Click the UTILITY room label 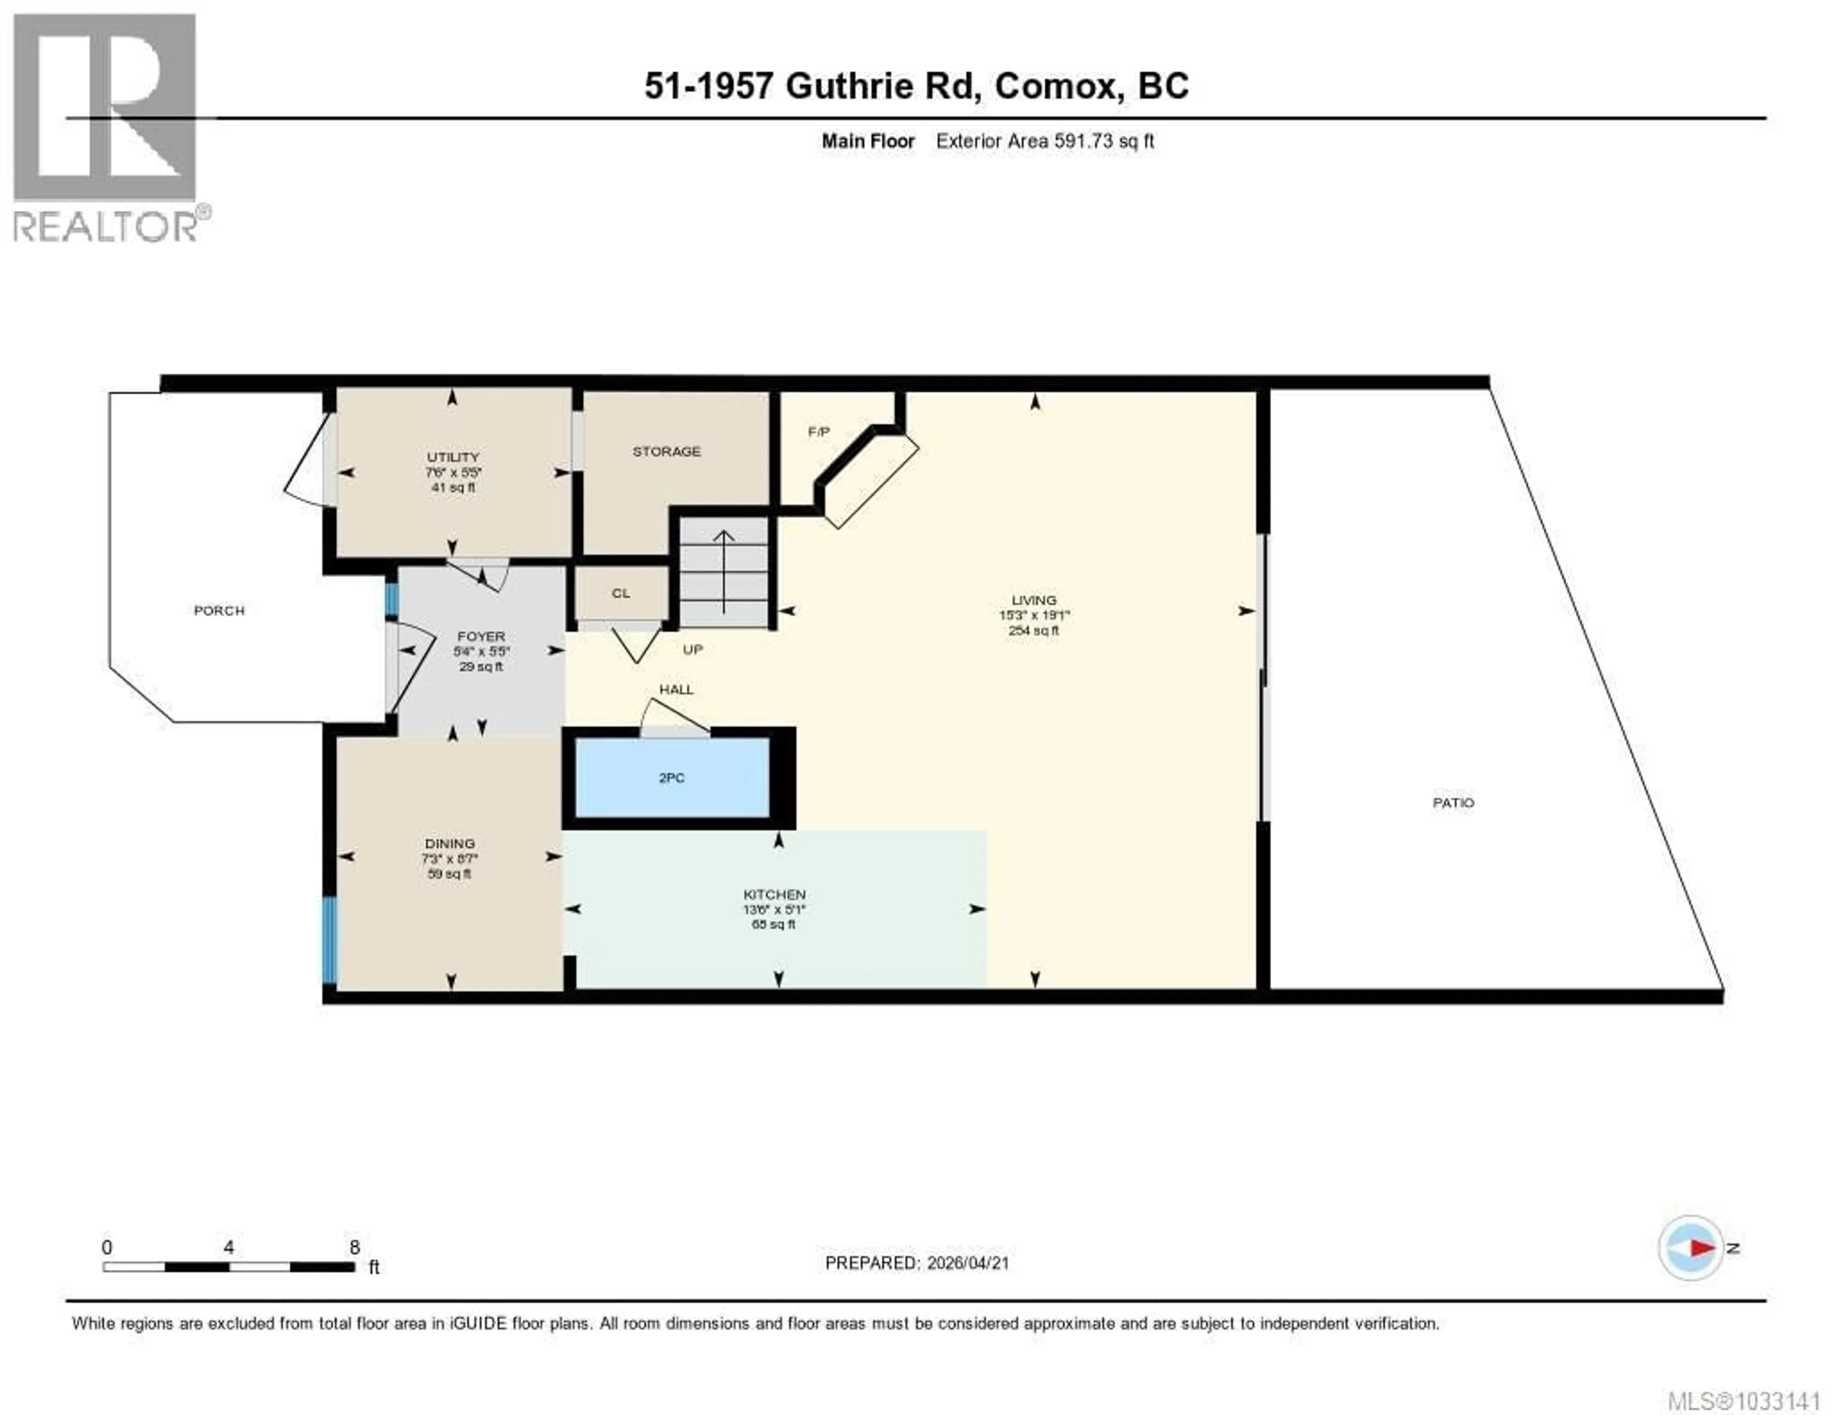(x=453, y=457)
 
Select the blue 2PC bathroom (x=671, y=778)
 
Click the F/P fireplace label (x=819, y=432)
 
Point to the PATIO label (x=1453, y=803)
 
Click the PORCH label (x=219, y=611)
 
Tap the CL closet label (x=621, y=593)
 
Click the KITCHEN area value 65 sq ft (x=773, y=924)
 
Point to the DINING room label (x=449, y=843)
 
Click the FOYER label (x=480, y=636)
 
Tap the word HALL (x=676, y=689)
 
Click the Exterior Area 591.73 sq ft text (x=1044, y=141)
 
